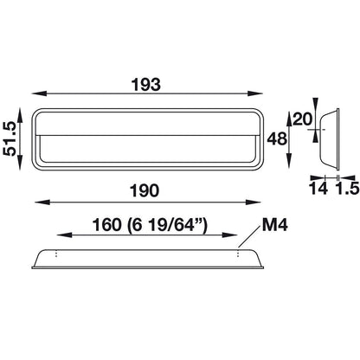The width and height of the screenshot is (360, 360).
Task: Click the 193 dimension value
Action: click(145, 85)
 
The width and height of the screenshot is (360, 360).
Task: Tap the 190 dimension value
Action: click(145, 190)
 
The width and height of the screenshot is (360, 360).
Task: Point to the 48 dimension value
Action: click(277, 138)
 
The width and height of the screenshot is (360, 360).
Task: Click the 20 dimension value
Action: click(303, 119)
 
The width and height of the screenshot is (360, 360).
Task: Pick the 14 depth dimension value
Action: click(318, 189)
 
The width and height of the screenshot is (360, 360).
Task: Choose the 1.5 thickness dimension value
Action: click(348, 189)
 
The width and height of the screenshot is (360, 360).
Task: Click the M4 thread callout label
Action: click(275, 225)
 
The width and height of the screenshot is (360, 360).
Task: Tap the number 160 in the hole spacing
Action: click(106, 225)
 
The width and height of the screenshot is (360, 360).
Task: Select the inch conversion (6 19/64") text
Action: click(167, 225)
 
